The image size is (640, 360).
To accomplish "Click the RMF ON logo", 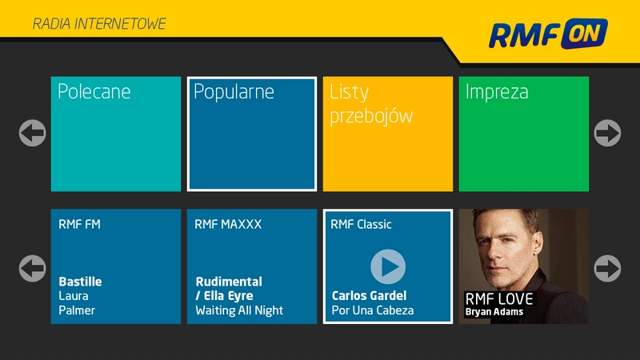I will click(x=548, y=34).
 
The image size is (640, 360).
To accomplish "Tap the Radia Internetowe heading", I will click(x=99, y=24).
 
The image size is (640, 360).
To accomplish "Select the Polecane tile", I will click(x=116, y=134).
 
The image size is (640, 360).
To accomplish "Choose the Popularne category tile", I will click(x=252, y=134).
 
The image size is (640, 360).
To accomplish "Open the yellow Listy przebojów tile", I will click(x=388, y=134).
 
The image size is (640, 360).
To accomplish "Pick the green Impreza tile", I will click(x=524, y=134).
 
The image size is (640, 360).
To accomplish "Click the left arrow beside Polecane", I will click(x=32, y=133).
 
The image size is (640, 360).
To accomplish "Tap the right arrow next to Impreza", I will click(x=608, y=133).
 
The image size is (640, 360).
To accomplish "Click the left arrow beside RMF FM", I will click(x=32, y=268).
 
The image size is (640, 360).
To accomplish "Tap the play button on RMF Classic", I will click(x=388, y=266).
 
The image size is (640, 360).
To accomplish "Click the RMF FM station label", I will click(x=80, y=225).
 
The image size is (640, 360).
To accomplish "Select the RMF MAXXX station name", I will click(x=228, y=225).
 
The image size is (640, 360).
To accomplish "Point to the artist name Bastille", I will click(x=80, y=282).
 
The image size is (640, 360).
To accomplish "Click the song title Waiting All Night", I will click(x=239, y=310).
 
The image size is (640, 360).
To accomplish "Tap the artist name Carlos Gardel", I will click(x=369, y=296).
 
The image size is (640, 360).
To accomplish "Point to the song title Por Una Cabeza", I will click(x=372, y=310).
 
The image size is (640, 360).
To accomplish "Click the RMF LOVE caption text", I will click(x=498, y=299).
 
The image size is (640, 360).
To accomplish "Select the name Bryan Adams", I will click(x=494, y=312).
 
